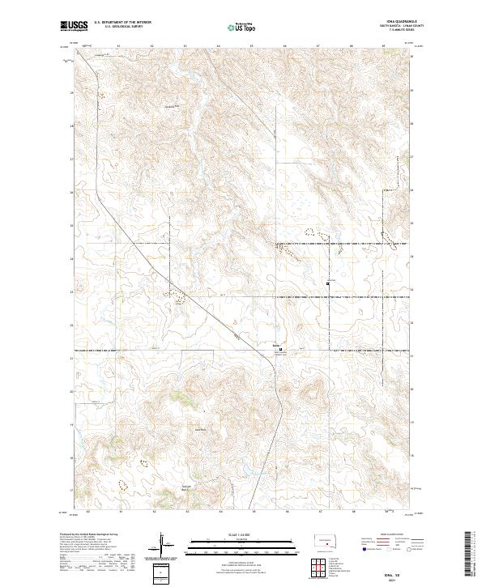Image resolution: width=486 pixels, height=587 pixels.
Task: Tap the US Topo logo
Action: [243, 28]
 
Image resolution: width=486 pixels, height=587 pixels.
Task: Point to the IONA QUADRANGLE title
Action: [401, 23]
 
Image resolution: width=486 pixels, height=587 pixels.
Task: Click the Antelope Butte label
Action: [185, 487]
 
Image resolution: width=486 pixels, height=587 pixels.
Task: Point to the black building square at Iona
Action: [281, 350]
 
